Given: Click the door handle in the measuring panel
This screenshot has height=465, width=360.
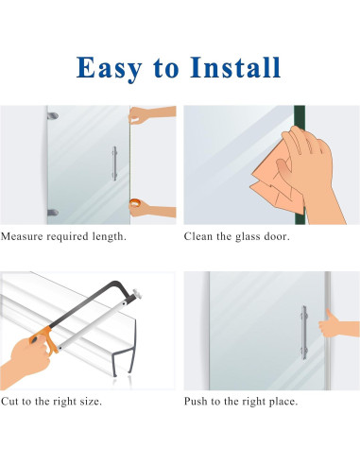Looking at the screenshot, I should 114,164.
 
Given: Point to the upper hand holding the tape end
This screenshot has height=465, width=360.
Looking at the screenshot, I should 151,113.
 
